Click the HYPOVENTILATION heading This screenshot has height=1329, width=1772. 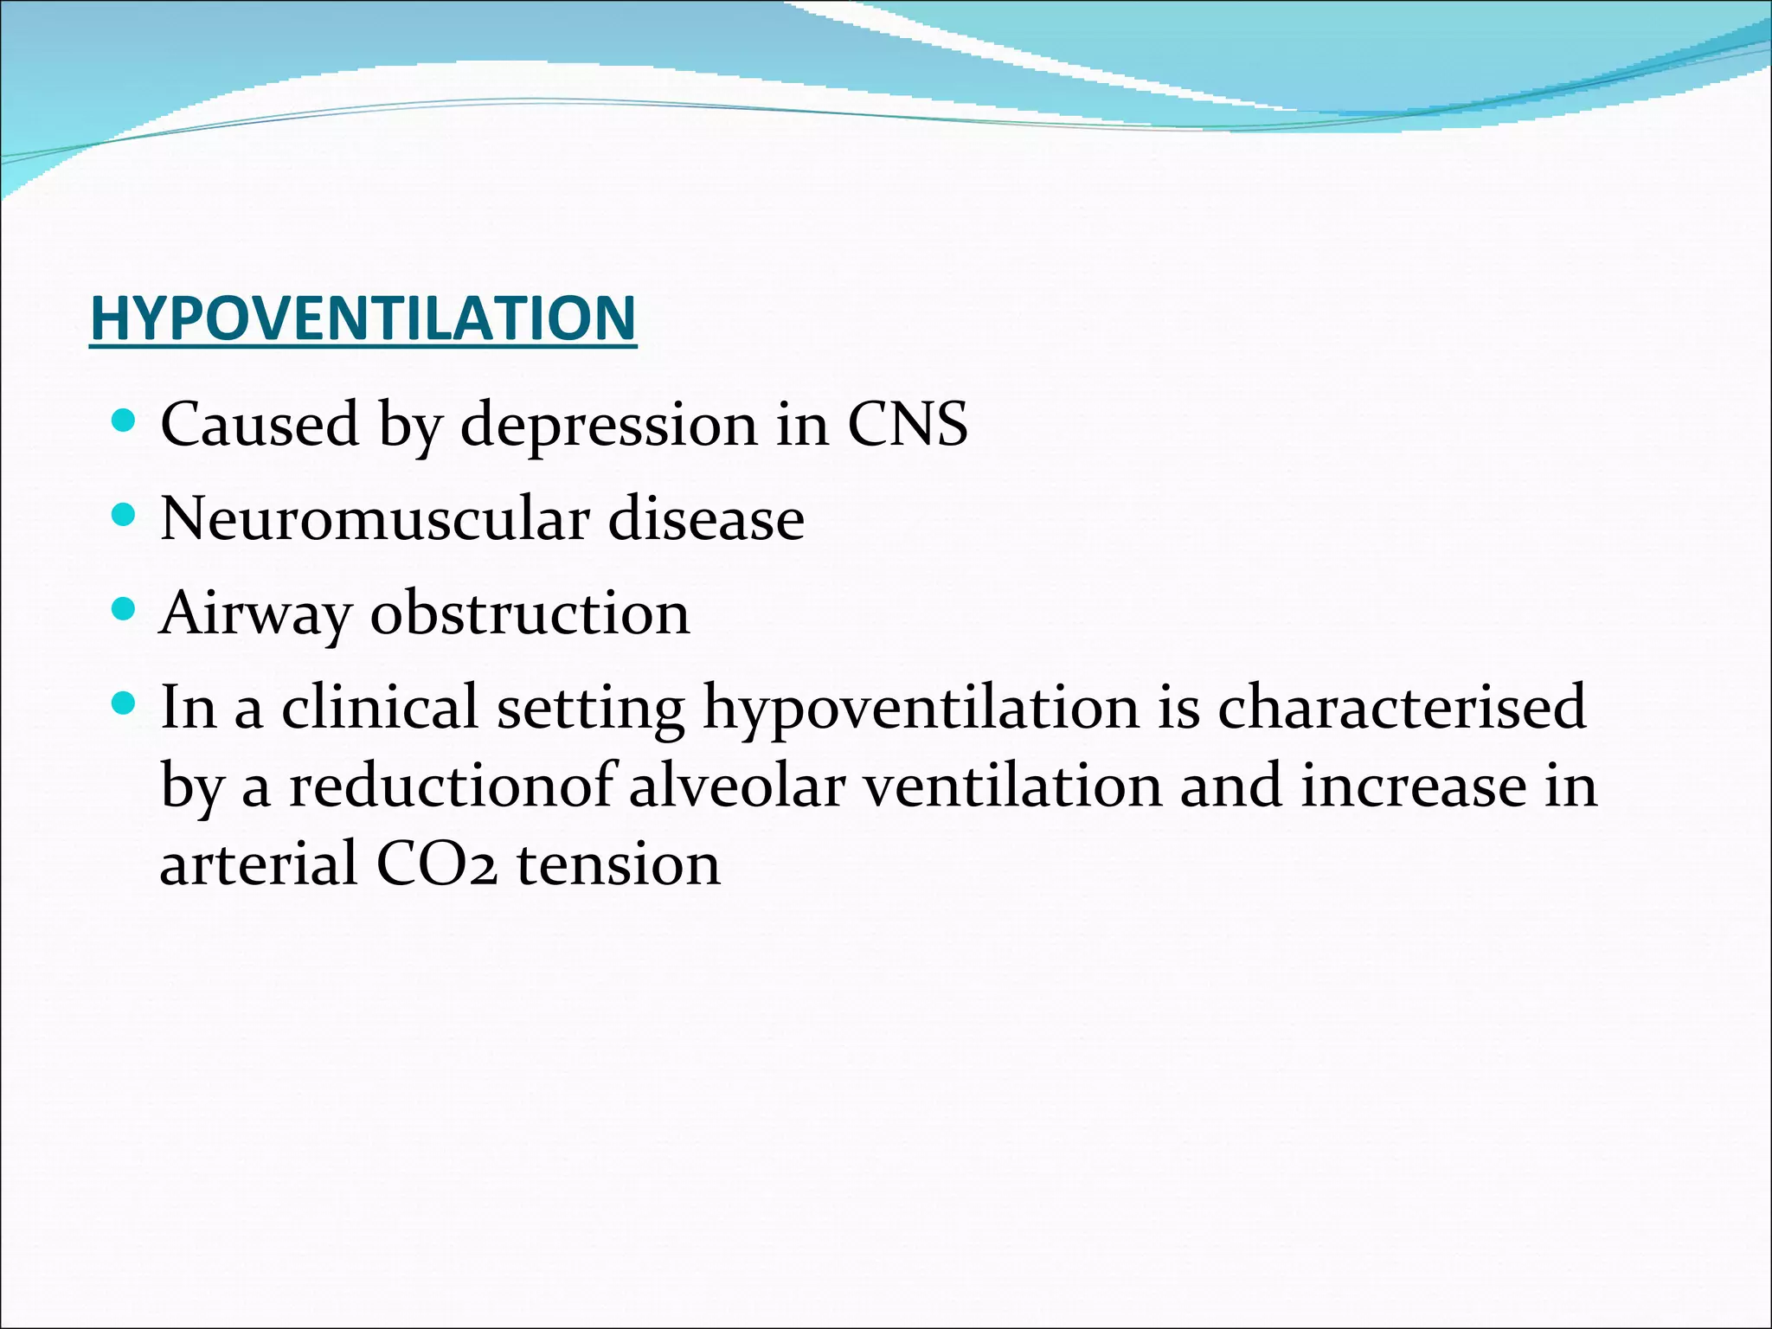363,318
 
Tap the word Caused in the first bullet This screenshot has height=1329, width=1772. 260,425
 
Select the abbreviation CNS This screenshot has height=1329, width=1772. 907,425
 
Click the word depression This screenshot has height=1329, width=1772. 608,425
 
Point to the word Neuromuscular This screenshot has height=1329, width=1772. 375,519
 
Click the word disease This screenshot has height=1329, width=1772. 706,519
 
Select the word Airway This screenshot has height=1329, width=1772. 255,613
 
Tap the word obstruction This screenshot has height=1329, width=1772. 530,613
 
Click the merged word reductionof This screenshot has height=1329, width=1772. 451,786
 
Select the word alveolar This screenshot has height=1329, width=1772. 736,786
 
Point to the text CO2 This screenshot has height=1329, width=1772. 437,864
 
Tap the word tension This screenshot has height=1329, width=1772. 619,864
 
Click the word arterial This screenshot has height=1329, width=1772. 259,864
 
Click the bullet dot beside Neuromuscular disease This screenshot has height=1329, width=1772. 125,516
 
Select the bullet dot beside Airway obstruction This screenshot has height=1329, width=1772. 125,610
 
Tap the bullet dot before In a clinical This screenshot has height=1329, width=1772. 125,704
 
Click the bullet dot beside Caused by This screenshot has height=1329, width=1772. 125,421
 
